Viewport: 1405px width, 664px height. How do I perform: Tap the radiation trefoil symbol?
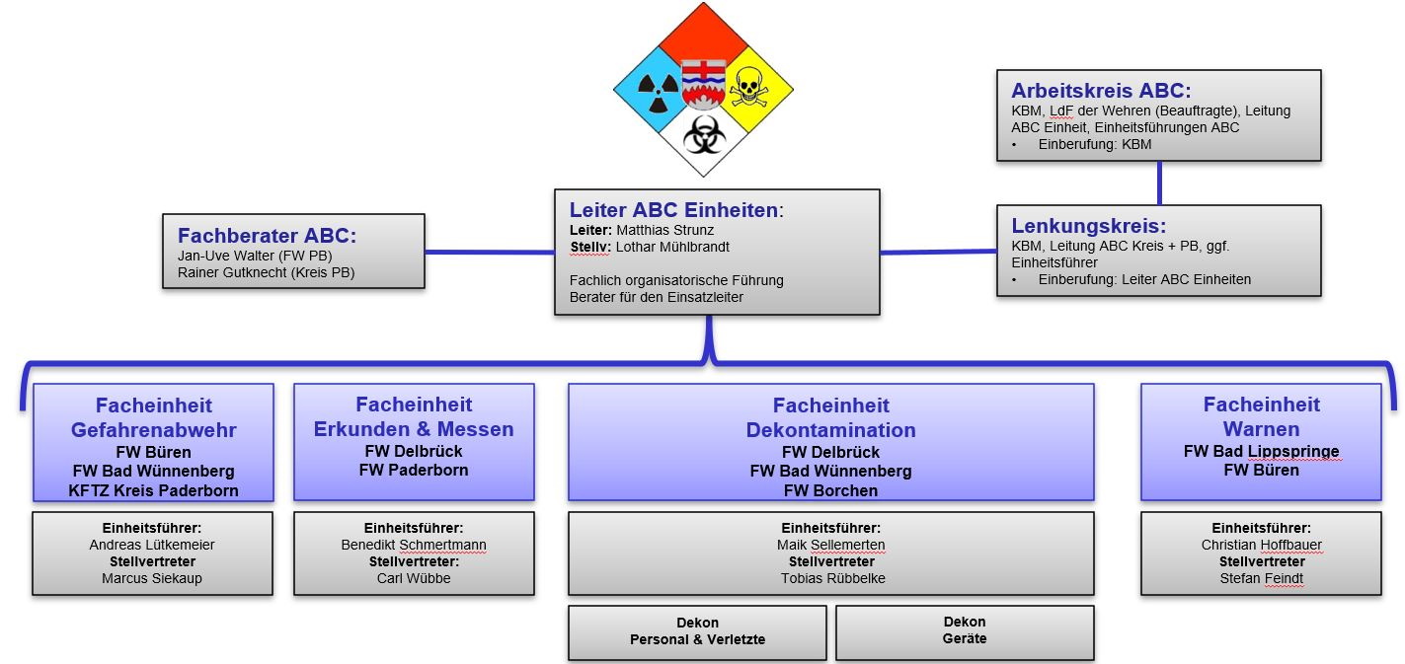tap(658, 92)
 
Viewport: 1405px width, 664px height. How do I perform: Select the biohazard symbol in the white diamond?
tap(704, 134)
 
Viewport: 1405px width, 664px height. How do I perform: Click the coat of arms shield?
tap(703, 84)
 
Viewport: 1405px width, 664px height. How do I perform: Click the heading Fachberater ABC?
tap(267, 236)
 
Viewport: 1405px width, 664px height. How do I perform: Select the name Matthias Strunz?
tap(664, 230)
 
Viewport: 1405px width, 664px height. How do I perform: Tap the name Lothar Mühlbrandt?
tap(672, 247)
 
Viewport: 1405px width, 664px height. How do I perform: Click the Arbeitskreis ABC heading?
tap(1101, 91)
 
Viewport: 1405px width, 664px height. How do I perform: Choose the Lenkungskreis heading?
tap(1088, 226)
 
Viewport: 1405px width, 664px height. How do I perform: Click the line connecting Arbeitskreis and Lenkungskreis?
tap(1159, 184)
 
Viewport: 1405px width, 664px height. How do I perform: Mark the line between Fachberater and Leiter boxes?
tap(490, 252)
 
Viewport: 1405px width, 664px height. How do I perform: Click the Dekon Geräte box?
tap(965, 632)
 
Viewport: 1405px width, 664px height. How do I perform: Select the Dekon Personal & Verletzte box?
tap(697, 632)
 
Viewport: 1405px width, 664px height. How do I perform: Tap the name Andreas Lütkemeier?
tap(152, 545)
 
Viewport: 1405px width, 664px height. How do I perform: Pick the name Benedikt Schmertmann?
tap(414, 545)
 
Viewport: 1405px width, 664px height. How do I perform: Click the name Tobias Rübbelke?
tap(832, 578)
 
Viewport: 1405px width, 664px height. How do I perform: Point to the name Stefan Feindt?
tap(1262, 578)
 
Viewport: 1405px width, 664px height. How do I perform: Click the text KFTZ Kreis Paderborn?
tap(153, 490)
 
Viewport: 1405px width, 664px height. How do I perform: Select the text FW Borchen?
tap(830, 490)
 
